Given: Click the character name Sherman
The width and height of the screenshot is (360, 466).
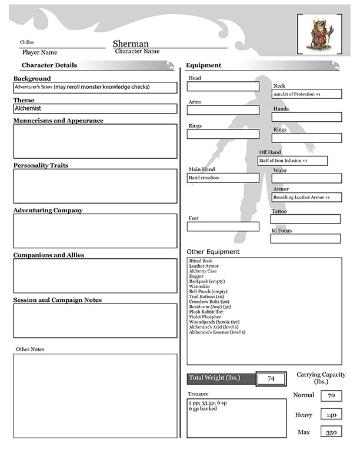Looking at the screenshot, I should [x=131, y=44].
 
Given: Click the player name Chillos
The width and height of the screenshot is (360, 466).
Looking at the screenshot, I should [x=28, y=42].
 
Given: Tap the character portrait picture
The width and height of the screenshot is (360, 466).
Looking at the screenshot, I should [x=318, y=34].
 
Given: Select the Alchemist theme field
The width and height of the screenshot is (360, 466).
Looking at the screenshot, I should [x=95, y=109].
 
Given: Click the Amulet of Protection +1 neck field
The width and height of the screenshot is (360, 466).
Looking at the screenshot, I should [x=306, y=94].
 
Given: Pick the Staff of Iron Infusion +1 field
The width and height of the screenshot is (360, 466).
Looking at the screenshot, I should [x=292, y=161].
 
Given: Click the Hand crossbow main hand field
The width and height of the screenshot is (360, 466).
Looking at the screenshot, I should [x=223, y=178].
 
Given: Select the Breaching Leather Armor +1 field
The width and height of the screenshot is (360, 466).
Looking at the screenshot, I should [x=306, y=197].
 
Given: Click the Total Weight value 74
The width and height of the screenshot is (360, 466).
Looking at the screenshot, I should [x=271, y=378].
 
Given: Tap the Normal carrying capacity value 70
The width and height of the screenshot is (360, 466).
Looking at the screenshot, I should [x=331, y=396].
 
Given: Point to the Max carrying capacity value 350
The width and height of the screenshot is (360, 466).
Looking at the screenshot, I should [x=331, y=432].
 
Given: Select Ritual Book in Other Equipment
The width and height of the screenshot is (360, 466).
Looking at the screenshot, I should [x=201, y=261].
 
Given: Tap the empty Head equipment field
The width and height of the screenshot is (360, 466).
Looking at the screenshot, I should [x=223, y=86].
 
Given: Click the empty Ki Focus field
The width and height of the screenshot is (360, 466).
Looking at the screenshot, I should [x=305, y=238].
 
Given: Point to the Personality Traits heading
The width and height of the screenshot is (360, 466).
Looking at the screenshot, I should [x=41, y=165].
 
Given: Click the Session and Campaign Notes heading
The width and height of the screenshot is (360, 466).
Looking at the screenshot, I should [x=57, y=300].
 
